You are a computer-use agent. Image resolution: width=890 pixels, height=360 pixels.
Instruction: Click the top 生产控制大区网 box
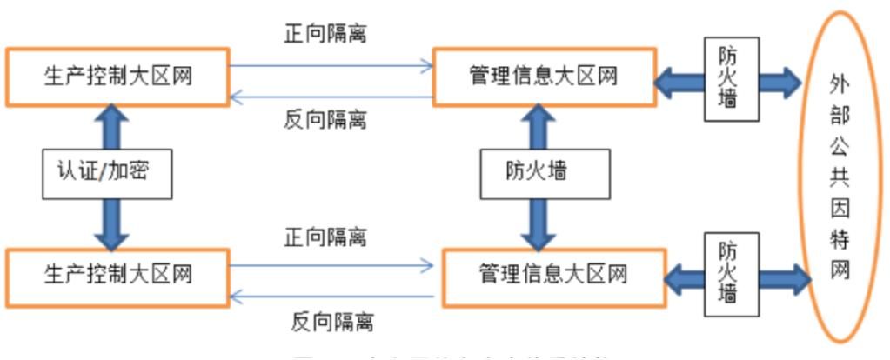[117, 76]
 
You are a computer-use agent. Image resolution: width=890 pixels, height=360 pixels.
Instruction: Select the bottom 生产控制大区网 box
[117, 275]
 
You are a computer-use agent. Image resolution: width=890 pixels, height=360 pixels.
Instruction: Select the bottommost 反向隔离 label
[332, 323]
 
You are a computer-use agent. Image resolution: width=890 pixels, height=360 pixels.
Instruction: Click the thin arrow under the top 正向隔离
[331, 63]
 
